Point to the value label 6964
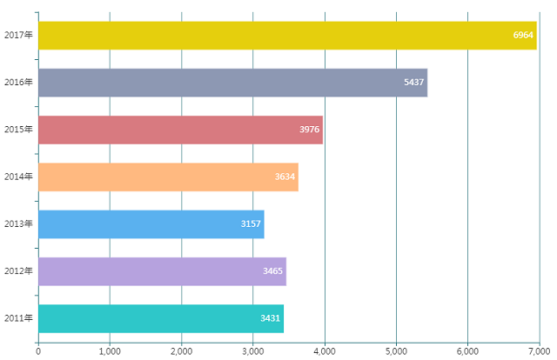coord(523,35)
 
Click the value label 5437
coord(414,82)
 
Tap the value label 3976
coord(310,129)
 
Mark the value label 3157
coord(251,223)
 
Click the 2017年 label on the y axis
coord(18,35)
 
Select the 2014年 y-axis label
coord(18,177)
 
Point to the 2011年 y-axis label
coord(18,318)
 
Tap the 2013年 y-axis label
coord(18,223)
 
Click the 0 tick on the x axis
coord(38,350)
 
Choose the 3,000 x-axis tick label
coord(252,350)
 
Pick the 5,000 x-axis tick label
coord(396,350)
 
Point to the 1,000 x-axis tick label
coord(110,350)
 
